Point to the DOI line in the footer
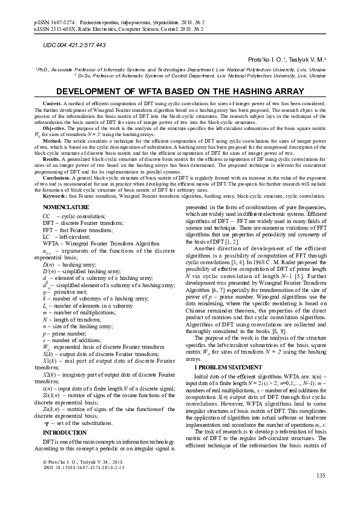click(x=79, y=467)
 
